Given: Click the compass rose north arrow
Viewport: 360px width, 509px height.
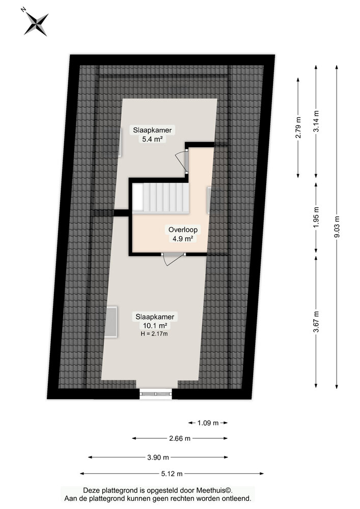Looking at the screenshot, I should click(36, 23).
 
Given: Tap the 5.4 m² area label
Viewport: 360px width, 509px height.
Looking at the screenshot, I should click(152, 139).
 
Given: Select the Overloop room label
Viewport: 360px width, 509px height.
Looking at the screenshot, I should click(183, 230).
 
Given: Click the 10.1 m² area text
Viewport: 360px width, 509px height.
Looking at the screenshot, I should click(155, 325).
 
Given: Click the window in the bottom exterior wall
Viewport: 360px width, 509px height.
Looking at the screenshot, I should click(156, 393).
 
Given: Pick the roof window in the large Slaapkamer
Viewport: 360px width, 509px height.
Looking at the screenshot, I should click(112, 321).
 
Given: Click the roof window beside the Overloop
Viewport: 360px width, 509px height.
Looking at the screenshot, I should click(209, 200).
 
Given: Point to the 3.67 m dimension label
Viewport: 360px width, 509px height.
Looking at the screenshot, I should click(316, 322).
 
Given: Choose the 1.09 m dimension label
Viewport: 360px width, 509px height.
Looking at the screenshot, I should click(207, 422).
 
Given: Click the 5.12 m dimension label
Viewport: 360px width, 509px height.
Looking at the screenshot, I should click(172, 473).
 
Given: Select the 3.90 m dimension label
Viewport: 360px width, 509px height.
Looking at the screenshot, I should click(158, 457).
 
